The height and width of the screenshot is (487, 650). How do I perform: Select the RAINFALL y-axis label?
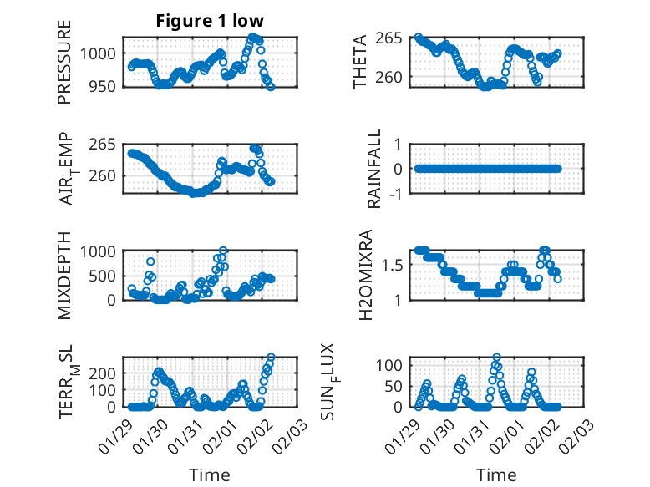click(375, 169)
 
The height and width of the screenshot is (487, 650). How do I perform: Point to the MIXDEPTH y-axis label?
click(65, 275)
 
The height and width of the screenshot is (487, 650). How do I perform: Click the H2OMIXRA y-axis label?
click(365, 275)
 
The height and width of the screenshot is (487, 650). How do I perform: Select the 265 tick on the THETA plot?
click(391, 38)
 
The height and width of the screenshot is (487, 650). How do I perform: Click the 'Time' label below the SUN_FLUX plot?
click(496, 474)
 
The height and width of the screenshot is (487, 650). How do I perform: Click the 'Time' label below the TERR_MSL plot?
click(210, 474)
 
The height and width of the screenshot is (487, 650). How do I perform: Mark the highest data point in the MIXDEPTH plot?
click(223, 251)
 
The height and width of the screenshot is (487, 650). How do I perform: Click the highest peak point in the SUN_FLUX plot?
click(496, 358)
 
